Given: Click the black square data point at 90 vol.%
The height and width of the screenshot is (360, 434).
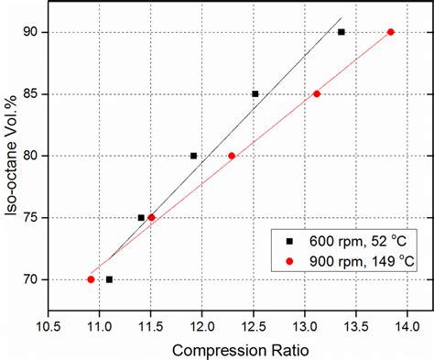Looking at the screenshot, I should click(x=342, y=32).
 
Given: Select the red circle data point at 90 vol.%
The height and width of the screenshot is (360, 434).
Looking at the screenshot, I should click(x=391, y=32).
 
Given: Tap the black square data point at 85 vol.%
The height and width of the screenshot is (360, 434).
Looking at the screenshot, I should click(x=255, y=93).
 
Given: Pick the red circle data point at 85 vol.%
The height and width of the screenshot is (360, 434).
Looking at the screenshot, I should click(x=317, y=93).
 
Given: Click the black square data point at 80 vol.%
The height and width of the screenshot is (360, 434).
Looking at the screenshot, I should click(x=193, y=156).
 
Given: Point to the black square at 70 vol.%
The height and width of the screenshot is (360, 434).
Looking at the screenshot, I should click(x=109, y=279).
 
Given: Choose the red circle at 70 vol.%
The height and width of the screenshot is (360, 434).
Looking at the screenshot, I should click(x=91, y=279).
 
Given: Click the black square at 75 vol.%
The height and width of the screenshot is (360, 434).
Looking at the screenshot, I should click(x=141, y=218).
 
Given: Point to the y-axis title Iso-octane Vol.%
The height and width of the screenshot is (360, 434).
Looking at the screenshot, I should click(x=13, y=156).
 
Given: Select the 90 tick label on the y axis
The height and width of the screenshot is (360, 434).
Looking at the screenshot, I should click(x=31, y=32).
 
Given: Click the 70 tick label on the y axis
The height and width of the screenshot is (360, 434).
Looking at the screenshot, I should click(x=31, y=279).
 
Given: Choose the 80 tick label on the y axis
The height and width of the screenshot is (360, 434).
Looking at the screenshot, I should click(x=31, y=156).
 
